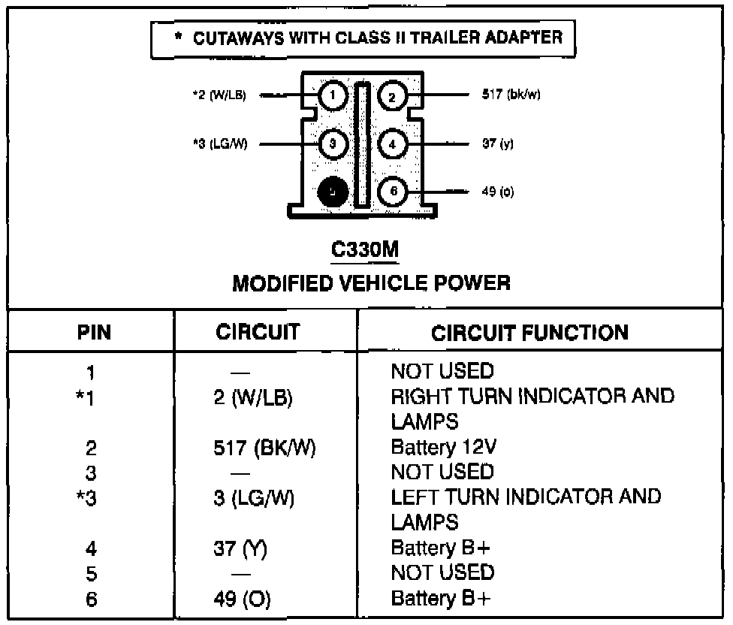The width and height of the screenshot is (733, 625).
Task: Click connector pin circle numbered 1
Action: [333, 95]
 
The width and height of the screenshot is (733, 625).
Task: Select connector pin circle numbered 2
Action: [392, 95]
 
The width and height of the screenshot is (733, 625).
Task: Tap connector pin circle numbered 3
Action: [333, 143]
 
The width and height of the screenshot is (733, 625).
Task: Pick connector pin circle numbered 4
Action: [392, 143]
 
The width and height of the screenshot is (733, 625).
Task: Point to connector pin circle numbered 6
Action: [392, 192]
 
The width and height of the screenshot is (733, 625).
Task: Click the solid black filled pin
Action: [332, 192]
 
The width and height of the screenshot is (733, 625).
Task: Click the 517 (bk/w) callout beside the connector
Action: [511, 95]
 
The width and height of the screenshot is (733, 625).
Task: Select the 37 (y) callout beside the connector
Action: [498, 143]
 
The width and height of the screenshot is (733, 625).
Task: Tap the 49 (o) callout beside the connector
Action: [497, 192]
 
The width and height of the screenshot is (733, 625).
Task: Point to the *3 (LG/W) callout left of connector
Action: [219, 143]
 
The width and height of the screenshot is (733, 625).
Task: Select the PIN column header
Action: [95, 333]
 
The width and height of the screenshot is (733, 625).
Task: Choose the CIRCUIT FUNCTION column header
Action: [530, 333]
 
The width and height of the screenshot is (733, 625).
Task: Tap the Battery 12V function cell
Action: [442, 448]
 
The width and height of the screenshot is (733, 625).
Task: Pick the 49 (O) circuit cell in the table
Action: [242, 599]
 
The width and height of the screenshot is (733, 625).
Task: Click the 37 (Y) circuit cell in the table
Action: [240, 548]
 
